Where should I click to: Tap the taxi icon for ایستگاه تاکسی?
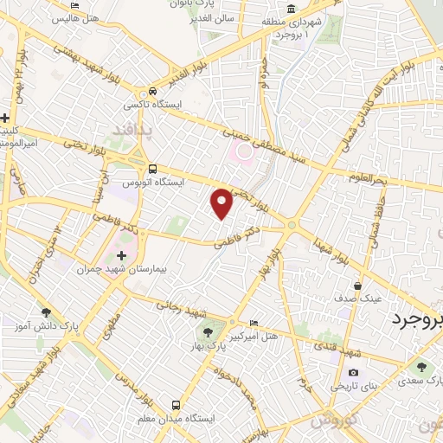[152, 91]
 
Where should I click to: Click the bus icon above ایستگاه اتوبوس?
[152, 169]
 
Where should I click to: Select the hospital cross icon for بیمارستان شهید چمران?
[121, 256]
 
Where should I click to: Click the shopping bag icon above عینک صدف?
[357, 286]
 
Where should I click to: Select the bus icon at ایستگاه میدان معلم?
[177, 405]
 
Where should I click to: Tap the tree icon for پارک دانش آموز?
[46, 312]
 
